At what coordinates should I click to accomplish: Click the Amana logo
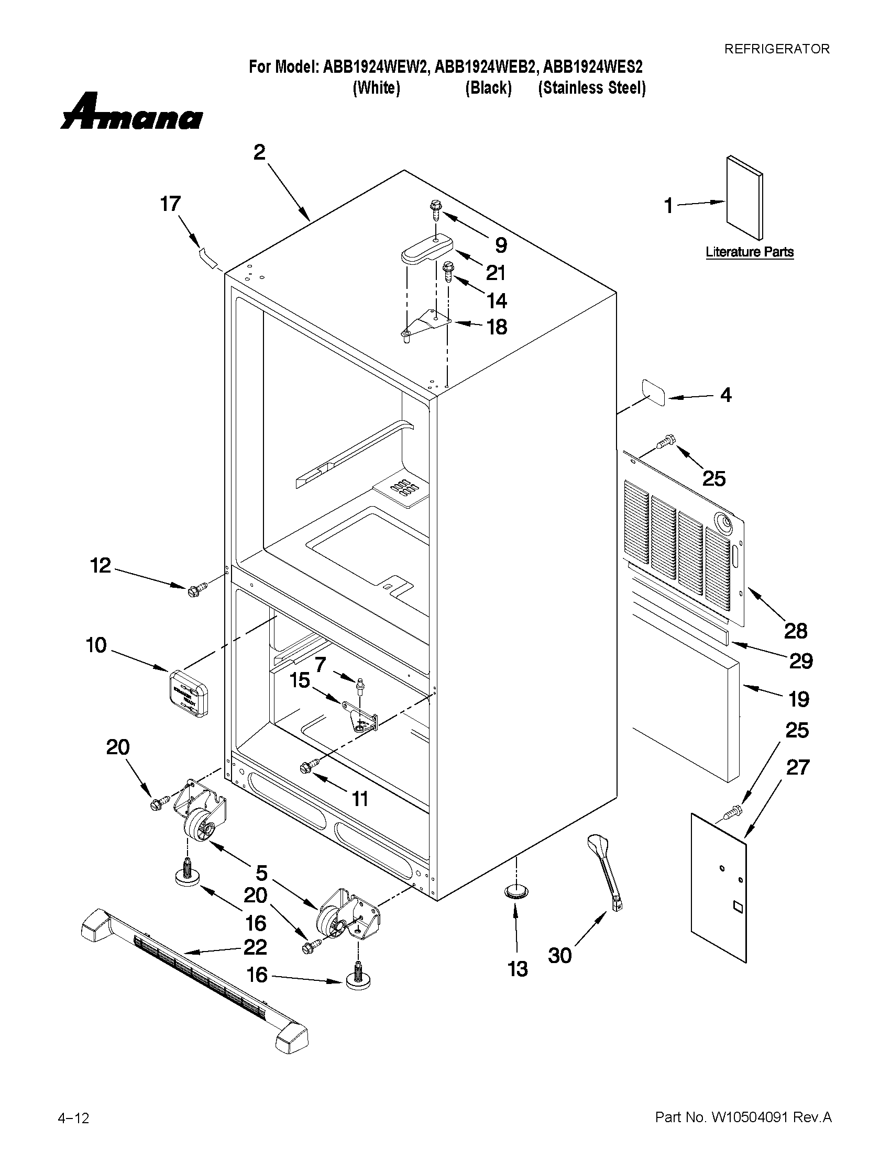point(131,113)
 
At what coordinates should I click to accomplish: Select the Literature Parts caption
point(749,252)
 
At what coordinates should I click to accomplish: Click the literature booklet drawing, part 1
point(745,198)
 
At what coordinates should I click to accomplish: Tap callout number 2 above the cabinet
point(259,152)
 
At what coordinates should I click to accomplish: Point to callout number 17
point(170,204)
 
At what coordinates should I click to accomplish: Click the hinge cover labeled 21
point(427,249)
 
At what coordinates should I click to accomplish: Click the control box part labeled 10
point(189,693)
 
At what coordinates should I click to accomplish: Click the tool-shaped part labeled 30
point(605,870)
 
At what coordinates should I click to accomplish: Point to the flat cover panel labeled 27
point(719,888)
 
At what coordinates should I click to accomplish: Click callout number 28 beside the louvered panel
point(796,630)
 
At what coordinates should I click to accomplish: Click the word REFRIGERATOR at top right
point(776,49)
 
